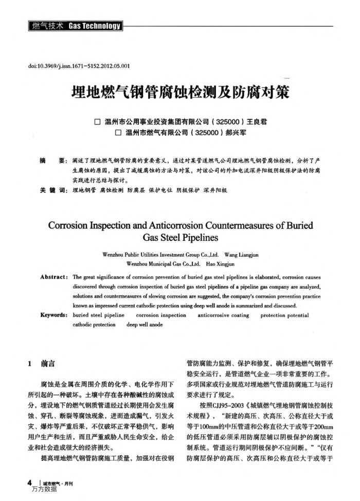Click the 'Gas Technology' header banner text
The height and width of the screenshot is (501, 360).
95,26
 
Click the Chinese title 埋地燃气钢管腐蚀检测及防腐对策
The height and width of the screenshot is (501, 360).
180,93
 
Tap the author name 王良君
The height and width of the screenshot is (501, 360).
256,122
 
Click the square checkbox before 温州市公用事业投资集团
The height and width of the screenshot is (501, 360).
97,122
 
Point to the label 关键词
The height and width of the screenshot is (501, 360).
53,190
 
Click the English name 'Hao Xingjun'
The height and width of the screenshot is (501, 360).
220,264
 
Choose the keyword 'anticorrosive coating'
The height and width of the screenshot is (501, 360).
223,315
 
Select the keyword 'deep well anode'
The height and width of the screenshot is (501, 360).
145,325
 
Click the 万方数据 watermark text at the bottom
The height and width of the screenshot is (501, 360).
44,489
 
